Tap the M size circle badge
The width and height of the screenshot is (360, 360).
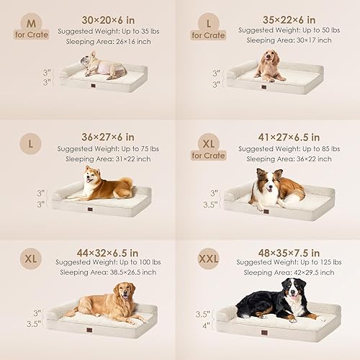(x=30, y=23)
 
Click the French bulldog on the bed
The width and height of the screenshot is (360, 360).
(x=105, y=67)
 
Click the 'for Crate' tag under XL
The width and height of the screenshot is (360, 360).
(x=208, y=155)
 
